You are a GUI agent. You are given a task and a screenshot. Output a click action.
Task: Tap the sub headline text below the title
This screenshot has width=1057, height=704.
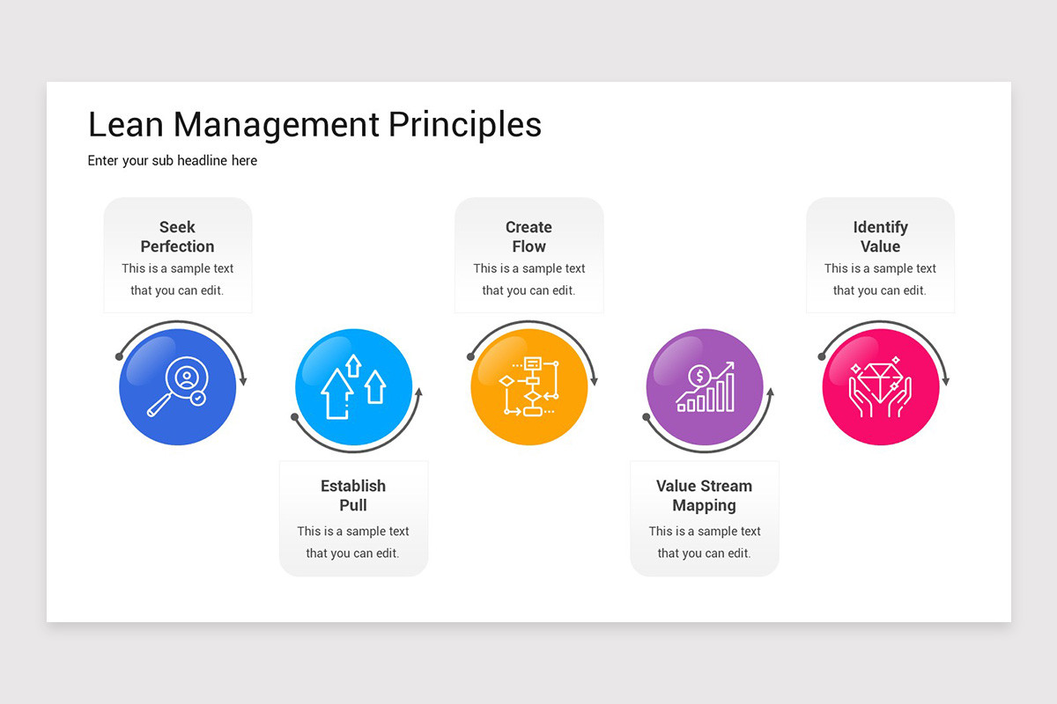point(173,161)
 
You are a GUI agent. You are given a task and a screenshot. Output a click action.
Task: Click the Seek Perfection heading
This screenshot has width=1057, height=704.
point(177,237)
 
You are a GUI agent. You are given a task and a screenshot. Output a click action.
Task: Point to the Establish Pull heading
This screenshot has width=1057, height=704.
point(353,495)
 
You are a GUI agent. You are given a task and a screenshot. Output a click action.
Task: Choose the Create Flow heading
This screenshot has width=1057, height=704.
point(528,237)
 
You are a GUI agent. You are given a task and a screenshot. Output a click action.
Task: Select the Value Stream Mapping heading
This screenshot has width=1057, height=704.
point(704,495)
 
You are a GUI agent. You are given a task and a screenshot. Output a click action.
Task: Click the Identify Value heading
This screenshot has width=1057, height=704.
point(880,237)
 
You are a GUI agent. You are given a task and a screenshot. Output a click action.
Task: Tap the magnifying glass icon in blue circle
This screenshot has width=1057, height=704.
point(178,388)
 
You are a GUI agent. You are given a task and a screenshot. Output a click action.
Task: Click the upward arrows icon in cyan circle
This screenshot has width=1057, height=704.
point(353,386)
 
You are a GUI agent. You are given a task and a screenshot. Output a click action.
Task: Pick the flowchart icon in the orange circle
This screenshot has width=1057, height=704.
point(529,386)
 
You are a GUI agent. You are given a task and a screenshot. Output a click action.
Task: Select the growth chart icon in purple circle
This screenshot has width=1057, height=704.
point(705,387)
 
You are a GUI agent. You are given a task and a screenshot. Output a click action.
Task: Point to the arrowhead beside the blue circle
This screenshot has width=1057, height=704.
point(243,381)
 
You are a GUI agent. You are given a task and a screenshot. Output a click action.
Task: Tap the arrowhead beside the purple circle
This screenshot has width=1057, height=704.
point(771,392)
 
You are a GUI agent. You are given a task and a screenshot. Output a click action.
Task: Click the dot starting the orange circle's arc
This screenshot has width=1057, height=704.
point(470,356)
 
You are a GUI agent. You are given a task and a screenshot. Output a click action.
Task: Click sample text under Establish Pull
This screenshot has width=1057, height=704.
point(353,542)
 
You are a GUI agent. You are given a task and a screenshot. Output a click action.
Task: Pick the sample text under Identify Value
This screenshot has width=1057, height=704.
point(880,280)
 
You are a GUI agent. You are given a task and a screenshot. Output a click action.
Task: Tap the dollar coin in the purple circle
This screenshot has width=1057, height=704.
point(699,376)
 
